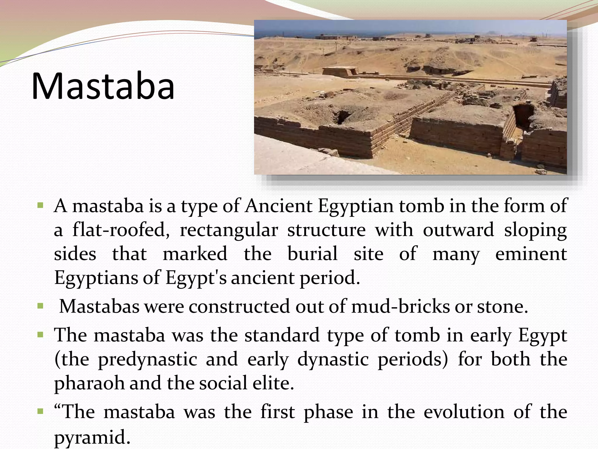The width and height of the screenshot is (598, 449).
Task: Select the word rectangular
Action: (x=229, y=230)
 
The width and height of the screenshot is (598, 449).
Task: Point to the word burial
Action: (x=312, y=253)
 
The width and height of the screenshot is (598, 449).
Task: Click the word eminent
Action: (x=531, y=253)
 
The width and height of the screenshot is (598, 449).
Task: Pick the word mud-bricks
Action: (x=401, y=307)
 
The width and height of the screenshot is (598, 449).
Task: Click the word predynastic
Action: (x=147, y=359)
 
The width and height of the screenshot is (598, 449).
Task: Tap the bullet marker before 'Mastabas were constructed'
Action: (x=40, y=306)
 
